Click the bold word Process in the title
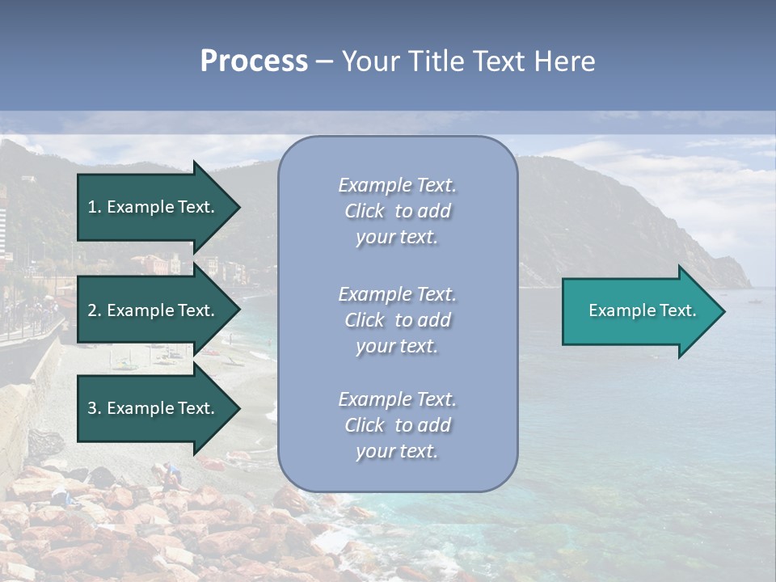pos(254,61)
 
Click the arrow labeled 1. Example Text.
pos(154,207)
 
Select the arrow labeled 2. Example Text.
pos(154,310)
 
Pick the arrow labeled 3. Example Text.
pos(154,408)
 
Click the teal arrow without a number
pos(639,310)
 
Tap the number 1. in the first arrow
pos(95,207)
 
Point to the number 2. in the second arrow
pos(95,310)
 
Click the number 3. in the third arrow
pos(95,408)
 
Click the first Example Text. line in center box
pos(397,185)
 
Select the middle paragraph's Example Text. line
pos(397,294)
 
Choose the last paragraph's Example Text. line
pos(397,399)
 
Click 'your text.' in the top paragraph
pos(397,238)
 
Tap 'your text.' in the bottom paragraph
pos(397,452)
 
